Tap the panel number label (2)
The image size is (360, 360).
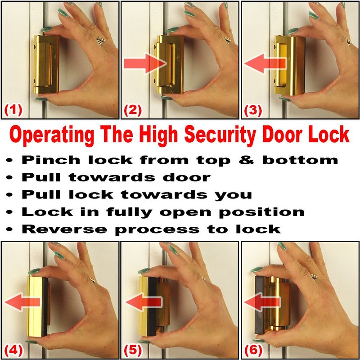134,109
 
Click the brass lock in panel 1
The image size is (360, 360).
45,65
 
